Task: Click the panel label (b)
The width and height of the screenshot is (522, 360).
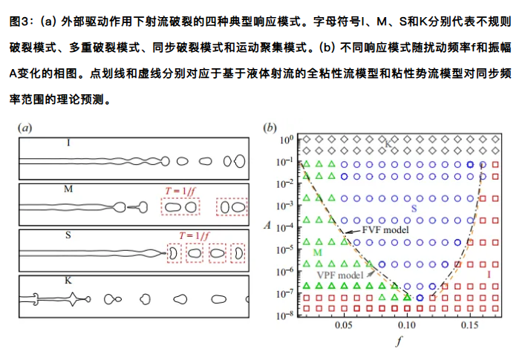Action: pos(271,127)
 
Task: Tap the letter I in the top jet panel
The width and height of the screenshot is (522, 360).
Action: pos(69,141)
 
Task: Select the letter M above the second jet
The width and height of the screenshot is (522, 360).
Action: pos(68,189)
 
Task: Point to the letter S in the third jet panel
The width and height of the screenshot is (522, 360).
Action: pos(68,236)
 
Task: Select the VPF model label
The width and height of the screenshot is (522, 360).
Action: pos(339,275)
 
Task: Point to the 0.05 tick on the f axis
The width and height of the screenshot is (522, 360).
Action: pos(344,326)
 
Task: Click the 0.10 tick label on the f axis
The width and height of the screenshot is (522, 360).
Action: pos(406,326)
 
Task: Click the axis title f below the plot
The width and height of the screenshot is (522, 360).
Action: pos(400,343)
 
